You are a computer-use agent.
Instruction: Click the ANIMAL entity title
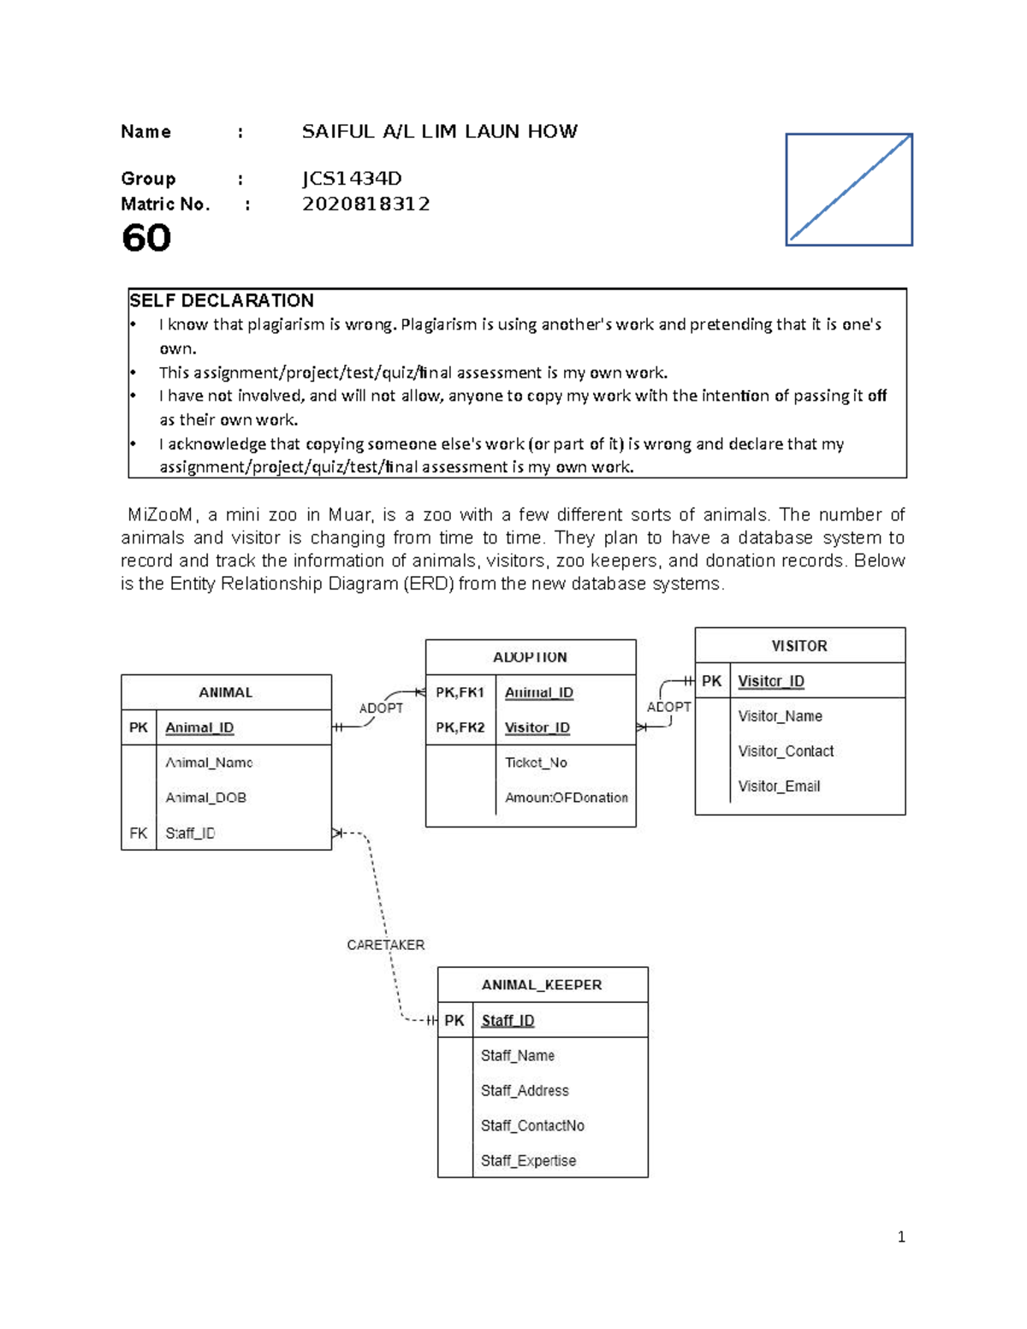tap(226, 692)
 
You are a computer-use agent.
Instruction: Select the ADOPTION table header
tap(530, 657)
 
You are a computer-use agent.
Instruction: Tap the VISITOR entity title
tap(799, 646)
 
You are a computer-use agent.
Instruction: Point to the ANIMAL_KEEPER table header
tap(542, 985)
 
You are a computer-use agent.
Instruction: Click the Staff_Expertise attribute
tap(528, 1160)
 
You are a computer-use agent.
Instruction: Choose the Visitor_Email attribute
tap(779, 786)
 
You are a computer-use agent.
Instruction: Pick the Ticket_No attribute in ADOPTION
tap(536, 762)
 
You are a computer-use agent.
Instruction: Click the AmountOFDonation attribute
tap(566, 798)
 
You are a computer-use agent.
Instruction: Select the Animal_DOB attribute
tap(205, 798)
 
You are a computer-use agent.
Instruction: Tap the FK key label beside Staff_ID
tap(139, 833)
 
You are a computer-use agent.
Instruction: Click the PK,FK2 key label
tap(460, 727)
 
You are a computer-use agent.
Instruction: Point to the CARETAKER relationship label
tap(385, 945)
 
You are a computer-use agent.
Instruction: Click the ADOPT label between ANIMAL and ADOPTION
tap(381, 708)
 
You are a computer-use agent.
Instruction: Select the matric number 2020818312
tap(365, 204)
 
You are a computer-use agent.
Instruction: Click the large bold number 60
tap(146, 238)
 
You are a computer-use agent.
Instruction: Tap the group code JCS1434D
tap(351, 178)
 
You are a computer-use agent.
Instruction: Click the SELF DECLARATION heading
tap(222, 300)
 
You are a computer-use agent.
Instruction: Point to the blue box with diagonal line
tap(849, 189)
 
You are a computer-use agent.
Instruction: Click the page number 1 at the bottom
tap(901, 1237)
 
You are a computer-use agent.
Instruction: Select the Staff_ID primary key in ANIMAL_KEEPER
tap(508, 1020)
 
